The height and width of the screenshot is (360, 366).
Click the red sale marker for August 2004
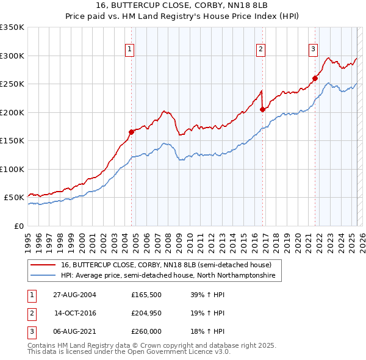pos(131,132)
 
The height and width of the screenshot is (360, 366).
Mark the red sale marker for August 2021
pos(315,78)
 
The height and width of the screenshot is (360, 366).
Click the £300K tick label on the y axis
pos(12,56)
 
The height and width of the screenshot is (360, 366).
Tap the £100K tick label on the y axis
pos(12,169)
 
